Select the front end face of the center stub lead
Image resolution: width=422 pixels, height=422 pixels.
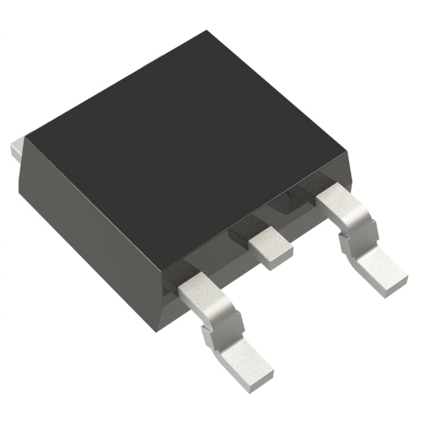click(274, 259)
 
